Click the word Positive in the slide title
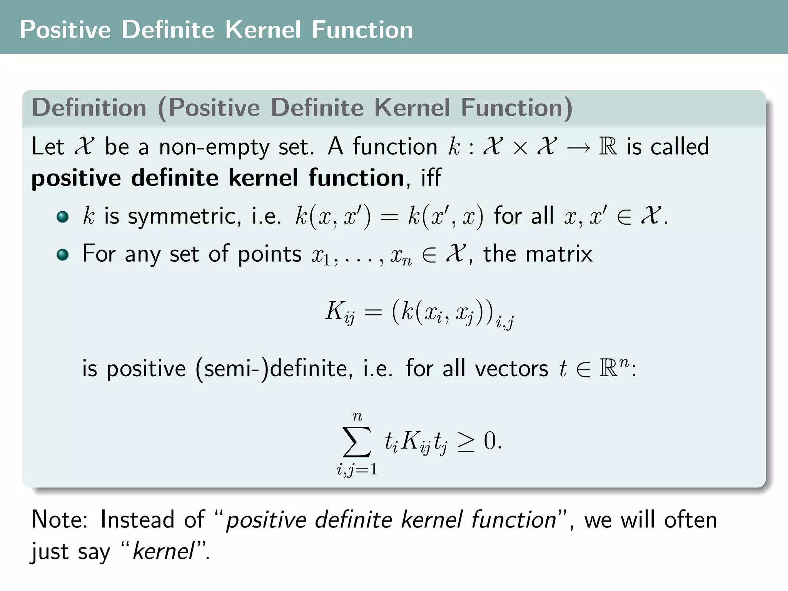pos(65,30)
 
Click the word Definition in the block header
pos(89,107)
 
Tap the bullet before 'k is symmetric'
pos(62,217)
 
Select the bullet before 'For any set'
pos(62,254)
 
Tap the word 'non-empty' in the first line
pos(214,147)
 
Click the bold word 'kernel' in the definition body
pos(263,178)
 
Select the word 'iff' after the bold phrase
pos(431,178)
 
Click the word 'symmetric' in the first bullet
pos(184,216)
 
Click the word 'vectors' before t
pos(511,369)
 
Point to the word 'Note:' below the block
pos(60,519)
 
